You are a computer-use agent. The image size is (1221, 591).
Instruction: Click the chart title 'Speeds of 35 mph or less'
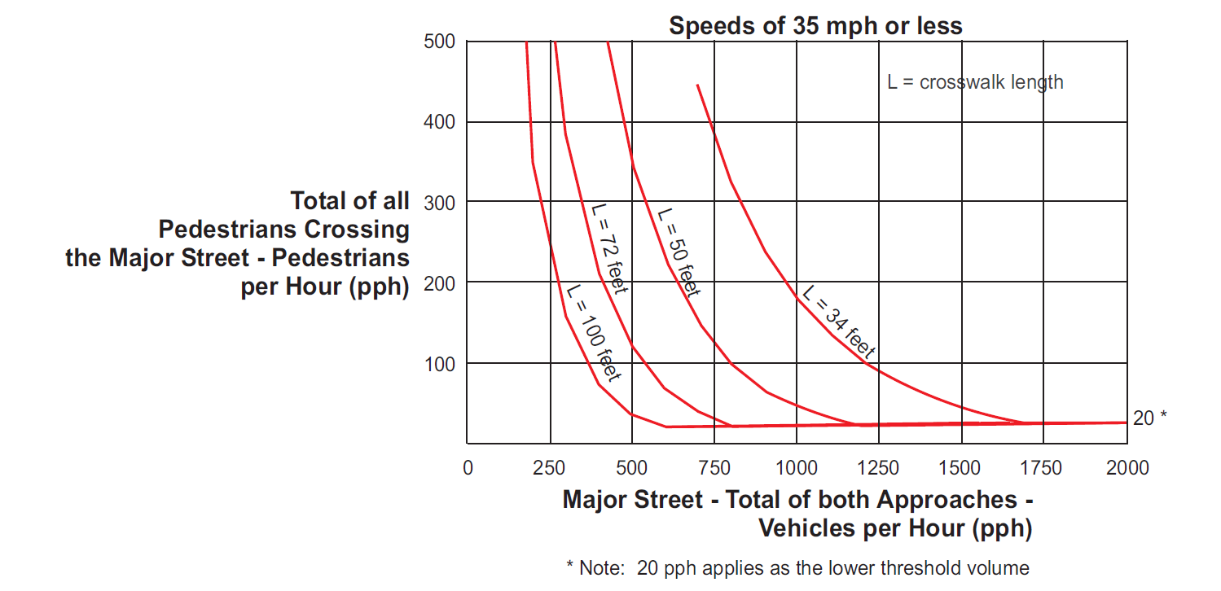815,25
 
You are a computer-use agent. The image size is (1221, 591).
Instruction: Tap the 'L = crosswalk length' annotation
975,82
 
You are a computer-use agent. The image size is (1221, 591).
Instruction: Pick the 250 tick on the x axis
550,468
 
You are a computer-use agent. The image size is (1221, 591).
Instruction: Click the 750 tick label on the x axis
714,468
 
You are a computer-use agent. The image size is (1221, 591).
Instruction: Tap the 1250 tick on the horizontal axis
879,468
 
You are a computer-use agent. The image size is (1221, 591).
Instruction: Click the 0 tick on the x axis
468,468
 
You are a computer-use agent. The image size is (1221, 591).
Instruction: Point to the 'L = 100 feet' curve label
594,333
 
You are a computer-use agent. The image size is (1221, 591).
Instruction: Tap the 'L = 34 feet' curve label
837,323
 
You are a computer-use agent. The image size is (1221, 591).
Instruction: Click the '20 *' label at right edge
1149,418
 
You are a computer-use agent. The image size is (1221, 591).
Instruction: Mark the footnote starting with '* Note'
797,567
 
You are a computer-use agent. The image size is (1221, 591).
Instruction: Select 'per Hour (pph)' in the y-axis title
324,287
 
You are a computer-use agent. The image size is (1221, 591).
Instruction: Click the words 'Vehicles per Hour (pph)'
895,528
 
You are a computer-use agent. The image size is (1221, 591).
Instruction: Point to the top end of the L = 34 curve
697,85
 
